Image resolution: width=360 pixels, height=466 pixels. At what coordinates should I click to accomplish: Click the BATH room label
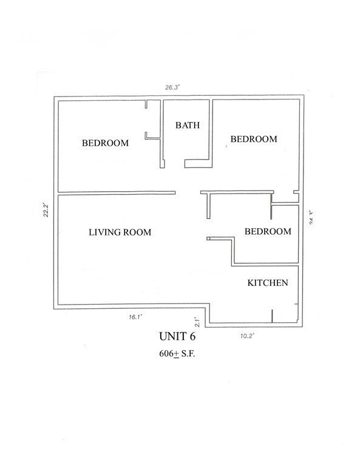(187, 126)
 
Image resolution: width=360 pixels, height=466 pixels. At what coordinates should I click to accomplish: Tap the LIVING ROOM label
(120, 232)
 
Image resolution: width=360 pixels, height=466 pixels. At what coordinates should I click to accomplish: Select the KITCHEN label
(267, 283)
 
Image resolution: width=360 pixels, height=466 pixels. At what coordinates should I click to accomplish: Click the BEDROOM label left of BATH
(105, 143)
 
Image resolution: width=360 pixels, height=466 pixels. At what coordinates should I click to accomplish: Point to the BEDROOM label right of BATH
(253, 139)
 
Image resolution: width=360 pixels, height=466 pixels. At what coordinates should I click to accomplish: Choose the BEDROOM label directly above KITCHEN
(267, 231)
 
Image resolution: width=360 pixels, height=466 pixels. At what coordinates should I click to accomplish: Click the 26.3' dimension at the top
(172, 87)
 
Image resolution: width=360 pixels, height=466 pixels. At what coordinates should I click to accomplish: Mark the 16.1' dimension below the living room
(135, 316)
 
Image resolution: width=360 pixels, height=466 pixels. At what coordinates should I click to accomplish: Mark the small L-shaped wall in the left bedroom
(148, 135)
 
